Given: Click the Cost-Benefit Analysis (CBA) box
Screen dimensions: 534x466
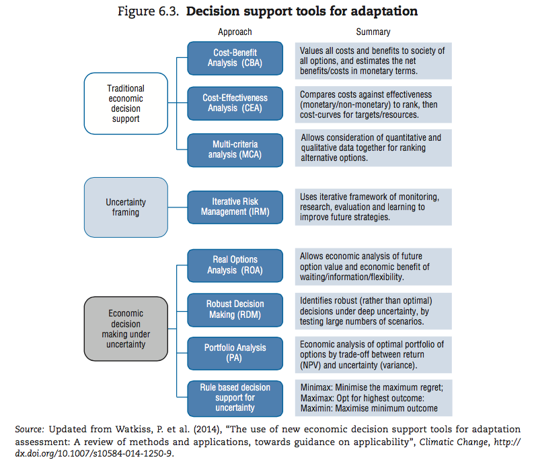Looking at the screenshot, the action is click(235, 59).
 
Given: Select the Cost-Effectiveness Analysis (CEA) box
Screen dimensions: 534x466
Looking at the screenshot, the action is click(235, 103).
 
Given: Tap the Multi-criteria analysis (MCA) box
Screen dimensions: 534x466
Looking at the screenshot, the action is click(235, 150).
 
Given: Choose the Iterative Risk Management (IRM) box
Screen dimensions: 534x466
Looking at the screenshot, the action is click(235, 207).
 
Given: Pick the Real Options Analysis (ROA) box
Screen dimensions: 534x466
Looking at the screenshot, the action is click(235, 265).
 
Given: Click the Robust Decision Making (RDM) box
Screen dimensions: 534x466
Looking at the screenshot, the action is click(235, 310).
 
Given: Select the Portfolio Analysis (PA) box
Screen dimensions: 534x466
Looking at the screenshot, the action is click(235, 354).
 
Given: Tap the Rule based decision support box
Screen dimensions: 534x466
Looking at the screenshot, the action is click(235, 399).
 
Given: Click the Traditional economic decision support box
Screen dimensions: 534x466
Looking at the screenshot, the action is click(126, 103).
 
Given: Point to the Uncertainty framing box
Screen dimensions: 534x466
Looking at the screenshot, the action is click(126, 207).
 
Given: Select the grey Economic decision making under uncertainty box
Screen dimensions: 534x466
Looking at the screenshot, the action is click(126, 329).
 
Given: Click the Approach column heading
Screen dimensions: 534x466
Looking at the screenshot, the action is click(235, 32).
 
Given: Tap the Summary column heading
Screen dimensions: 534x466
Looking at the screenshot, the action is click(373, 32).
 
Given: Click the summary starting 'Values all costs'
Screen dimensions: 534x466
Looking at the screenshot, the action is click(373, 61).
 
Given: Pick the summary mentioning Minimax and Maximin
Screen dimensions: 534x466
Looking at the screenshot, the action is click(373, 398).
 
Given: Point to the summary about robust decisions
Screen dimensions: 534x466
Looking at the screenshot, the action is click(373, 311).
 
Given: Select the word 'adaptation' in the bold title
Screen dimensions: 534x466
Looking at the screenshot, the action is click(384, 11).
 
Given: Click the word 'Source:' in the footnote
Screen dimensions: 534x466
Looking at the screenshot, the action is click(30, 429).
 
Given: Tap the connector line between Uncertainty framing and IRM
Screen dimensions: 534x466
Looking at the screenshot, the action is click(178, 207).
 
